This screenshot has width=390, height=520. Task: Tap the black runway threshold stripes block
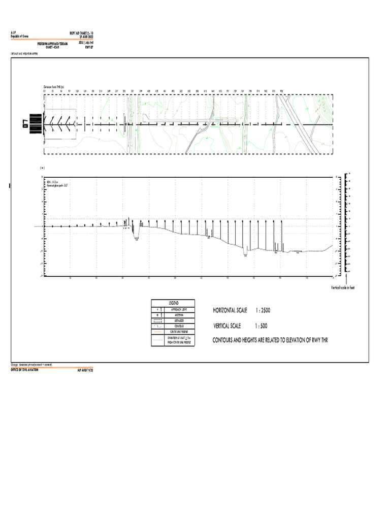pos(36,124)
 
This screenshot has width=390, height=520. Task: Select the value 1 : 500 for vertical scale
pos(265,326)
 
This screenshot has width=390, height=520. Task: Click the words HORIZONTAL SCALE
pos(230,310)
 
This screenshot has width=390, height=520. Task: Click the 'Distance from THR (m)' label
pos(53,87)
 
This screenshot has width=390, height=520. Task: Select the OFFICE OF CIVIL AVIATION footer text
pos(25,371)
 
